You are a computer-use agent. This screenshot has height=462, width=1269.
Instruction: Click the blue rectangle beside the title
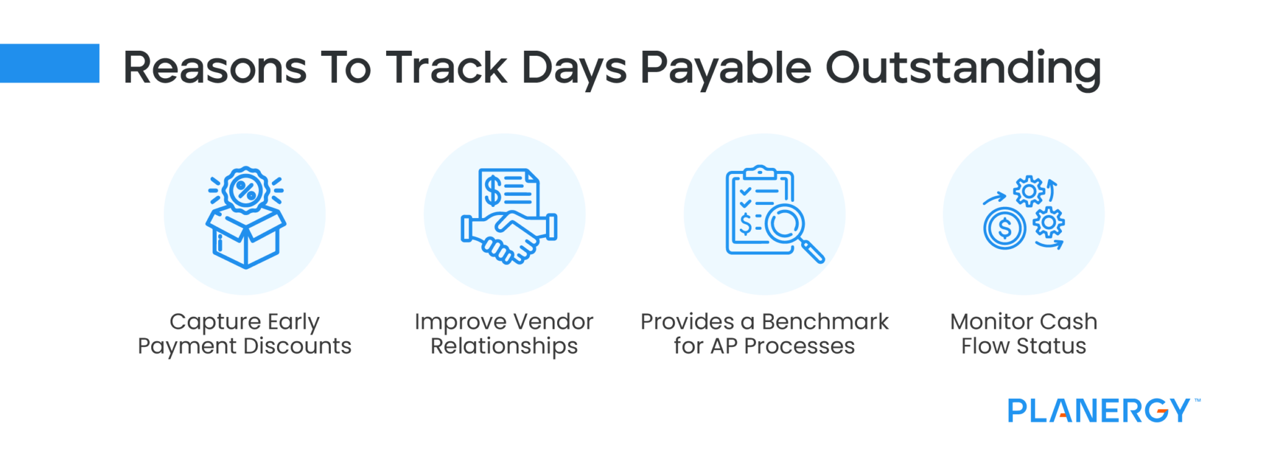(50, 63)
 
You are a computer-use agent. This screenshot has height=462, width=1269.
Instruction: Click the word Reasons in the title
(214, 68)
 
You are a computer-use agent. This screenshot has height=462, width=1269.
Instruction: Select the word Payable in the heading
(725, 68)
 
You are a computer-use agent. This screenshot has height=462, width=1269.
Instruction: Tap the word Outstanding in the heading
(963, 68)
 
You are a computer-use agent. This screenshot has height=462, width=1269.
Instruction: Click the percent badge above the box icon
(246, 190)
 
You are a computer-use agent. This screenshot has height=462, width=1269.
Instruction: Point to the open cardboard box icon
(245, 238)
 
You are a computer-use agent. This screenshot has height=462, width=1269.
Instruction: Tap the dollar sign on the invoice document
(493, 190)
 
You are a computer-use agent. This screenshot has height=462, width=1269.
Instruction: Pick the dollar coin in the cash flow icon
(1004, 229)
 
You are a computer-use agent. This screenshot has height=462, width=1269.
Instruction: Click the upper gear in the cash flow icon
(1029, 192)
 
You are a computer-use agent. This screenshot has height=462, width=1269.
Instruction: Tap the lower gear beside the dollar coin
(1048, 222)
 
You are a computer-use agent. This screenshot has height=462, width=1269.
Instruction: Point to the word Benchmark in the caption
(825, 322)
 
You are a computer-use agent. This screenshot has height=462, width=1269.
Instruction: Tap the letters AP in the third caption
(724, 346)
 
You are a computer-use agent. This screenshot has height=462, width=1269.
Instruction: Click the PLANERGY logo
(1099, 411)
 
